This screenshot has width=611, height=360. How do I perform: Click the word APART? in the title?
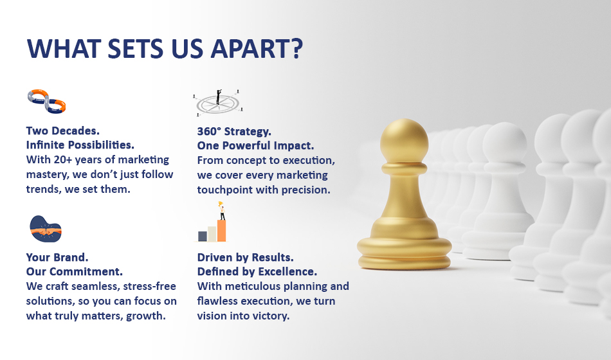(257, 48)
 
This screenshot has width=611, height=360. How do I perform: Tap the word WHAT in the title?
(62, 48)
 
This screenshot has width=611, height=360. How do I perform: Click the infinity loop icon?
(46, 102)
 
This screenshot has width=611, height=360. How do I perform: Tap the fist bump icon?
(46, 229)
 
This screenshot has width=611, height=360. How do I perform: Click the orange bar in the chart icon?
(221, 231)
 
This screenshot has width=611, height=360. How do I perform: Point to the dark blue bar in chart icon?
(203, 236)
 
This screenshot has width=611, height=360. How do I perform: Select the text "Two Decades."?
(63, 130)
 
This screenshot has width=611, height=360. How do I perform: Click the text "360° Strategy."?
(234, 131)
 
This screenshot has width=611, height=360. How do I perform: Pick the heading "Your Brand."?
(57, 257)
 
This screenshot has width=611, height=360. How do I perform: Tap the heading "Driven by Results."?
(246, 257)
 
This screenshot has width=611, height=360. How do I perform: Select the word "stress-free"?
(150, 286)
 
